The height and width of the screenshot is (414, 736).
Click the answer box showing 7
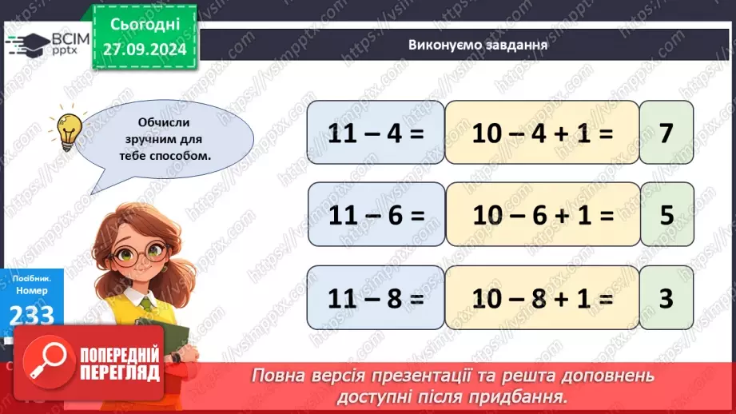point(666,133)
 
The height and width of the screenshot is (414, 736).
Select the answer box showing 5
point(666,215)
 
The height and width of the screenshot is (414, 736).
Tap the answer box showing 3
point(666,297)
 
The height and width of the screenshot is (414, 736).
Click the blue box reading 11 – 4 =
point(375,133)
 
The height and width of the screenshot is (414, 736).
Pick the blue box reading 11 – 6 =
point(375,215)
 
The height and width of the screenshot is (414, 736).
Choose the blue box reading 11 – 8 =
point(375,297)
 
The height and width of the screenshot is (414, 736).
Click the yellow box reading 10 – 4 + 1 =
point(542,133)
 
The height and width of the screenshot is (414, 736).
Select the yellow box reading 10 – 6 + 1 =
point(542,215)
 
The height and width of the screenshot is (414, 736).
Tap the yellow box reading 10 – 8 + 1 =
point(542,297)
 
